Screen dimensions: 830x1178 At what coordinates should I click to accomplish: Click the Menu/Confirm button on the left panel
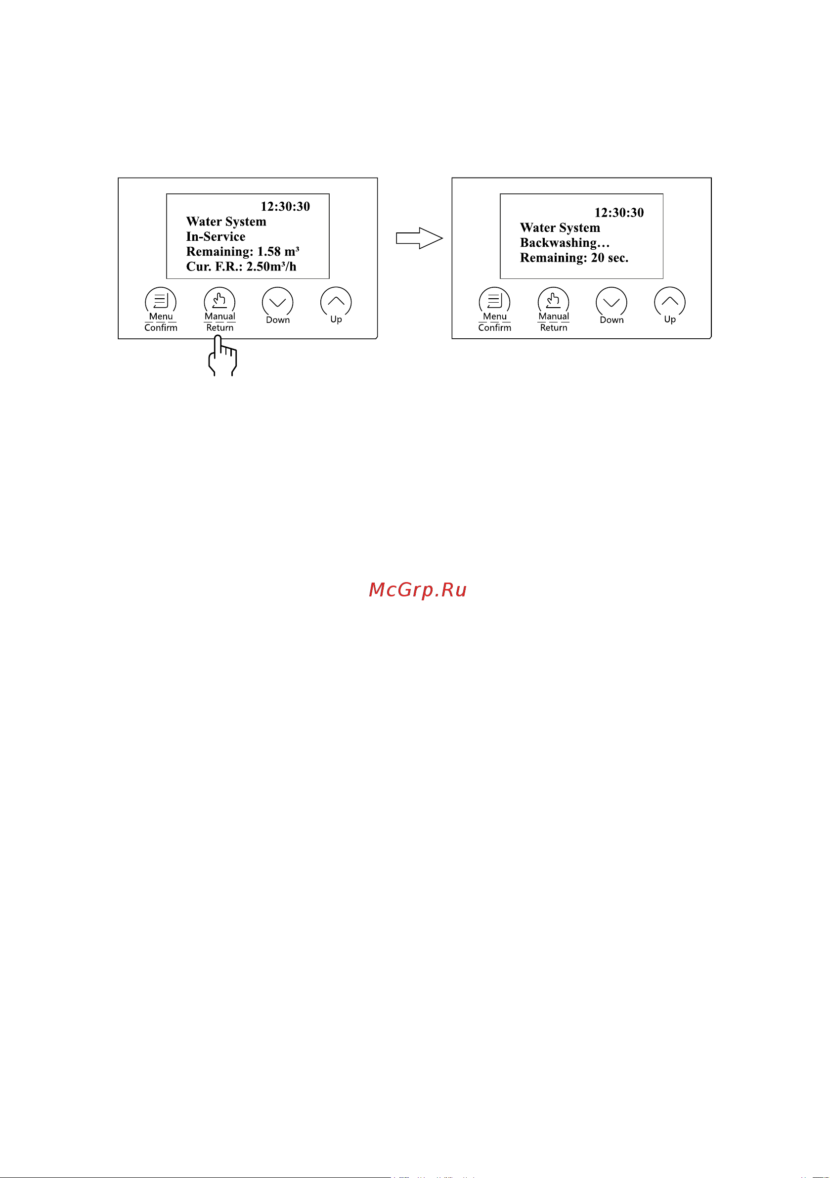161,302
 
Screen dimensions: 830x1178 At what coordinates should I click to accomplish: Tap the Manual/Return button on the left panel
219,302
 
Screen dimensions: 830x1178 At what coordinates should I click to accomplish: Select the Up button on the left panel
336,302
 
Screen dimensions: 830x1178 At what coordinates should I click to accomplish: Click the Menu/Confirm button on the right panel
494,302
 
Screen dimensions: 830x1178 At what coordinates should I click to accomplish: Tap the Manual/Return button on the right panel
554,302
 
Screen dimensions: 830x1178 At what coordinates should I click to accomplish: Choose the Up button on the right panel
670,302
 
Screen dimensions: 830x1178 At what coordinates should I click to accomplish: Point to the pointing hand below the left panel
222,356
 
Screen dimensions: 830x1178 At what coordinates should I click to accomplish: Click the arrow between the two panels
420,238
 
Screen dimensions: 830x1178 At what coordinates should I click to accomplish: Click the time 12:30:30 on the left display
285,207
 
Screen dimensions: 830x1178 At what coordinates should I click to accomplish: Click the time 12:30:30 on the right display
619,213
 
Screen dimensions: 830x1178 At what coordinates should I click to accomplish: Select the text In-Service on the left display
216,236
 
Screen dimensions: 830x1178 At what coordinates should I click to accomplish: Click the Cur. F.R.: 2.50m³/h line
242,267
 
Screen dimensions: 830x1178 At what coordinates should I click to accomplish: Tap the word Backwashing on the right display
559,243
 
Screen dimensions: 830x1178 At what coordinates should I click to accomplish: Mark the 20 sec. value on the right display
610,258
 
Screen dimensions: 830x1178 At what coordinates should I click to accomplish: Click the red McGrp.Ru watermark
418,590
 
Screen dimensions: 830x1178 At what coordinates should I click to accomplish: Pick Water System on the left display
226,222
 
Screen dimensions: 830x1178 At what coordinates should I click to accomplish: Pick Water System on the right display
560,228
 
